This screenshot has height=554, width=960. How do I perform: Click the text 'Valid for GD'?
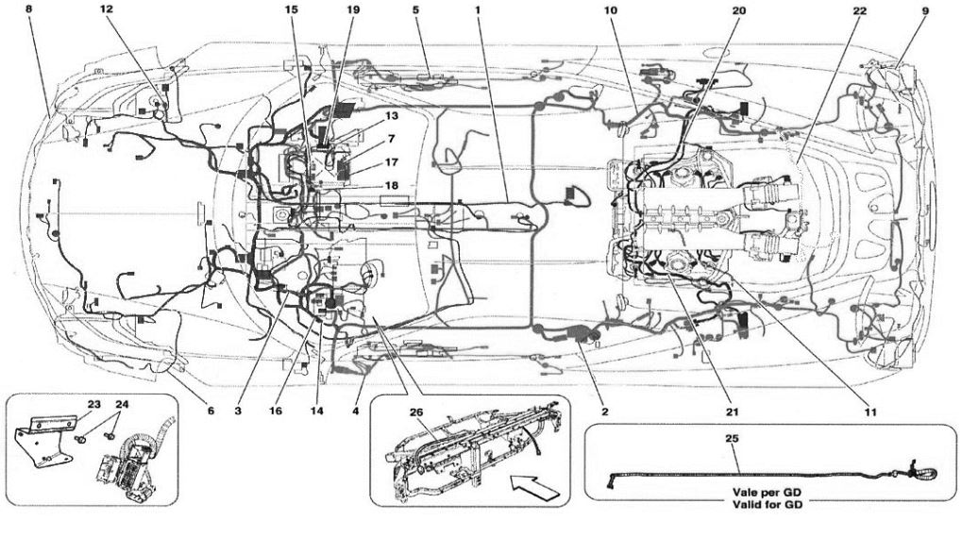coord(765,505)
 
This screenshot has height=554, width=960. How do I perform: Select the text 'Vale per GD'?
coord(765,493)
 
